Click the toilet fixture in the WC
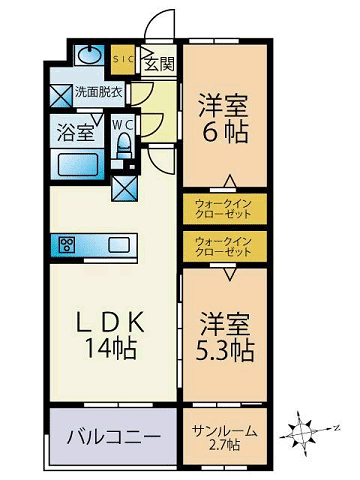click(x=123, y=146)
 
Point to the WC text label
click(x=122, y=124)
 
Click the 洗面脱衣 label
click(x=99, y=92)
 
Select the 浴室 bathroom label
click(x=76, y=130)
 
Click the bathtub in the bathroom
click(x=77, y=162)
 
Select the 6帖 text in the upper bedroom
click(x=224, y=133)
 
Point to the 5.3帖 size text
click(x=225, y=351)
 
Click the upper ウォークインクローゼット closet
click(x=225, y=210)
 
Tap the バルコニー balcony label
click(x=113, y=437)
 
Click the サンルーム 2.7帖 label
click(x=225, y=436)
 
